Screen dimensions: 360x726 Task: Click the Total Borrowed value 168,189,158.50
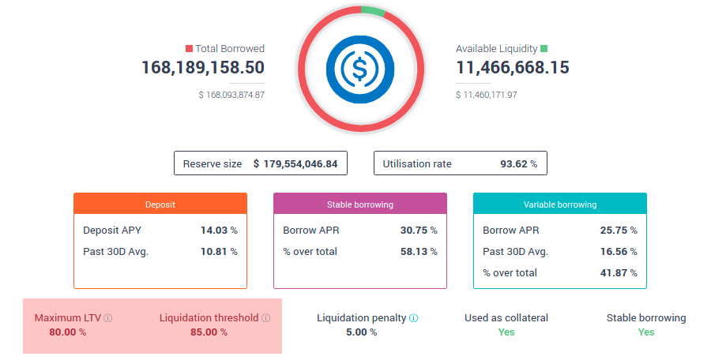click(203, 68)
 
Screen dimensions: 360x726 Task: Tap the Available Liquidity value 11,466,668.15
click(512, 68)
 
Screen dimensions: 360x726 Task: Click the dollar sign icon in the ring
click(360, 68)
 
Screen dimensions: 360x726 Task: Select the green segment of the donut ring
click(373, 11)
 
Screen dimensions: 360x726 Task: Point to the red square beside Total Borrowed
click(189, 49)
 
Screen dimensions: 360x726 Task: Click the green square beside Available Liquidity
click(544, 49)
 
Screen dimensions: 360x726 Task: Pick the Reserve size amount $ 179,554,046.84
click(295, 164)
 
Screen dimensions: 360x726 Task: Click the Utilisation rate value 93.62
click(514, 164)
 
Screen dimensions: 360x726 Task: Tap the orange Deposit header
click(160, 204)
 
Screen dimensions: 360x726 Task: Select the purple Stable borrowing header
click(360, 204)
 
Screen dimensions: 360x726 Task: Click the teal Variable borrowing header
click(560, 204)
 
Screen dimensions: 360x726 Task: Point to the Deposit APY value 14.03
click(213, 231)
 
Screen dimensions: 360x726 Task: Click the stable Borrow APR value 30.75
click(413, 231)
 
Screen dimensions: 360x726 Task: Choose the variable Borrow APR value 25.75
click(613, 231)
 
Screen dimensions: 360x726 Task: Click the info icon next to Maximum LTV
click(108, 318)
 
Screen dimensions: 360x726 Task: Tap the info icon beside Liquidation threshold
click(266, 318)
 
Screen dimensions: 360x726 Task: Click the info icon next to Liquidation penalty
click(414, 318)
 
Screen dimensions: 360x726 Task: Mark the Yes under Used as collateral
click(506, 332)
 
